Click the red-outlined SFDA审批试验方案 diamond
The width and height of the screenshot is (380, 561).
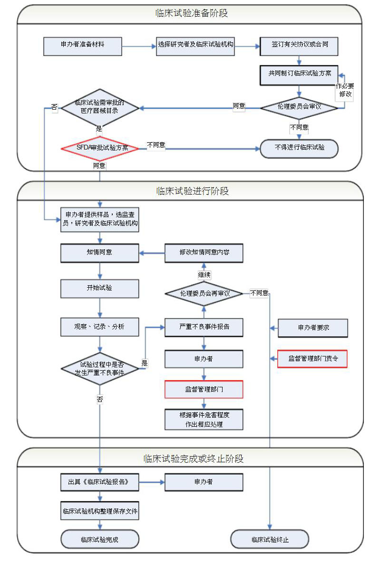(x=100, y=148)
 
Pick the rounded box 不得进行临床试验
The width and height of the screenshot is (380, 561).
(x=299, y=148)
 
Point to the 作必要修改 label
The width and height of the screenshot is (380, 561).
(x=345, y=90)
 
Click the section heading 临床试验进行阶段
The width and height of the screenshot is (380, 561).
(x=192, y=191)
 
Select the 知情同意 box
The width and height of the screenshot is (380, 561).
(x=100, y=252)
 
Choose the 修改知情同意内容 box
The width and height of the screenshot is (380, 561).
(x=204, y=252)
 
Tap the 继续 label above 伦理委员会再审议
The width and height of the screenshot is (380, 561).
(x=204, y=275)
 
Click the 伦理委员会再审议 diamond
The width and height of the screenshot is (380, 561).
(x=205, y=293)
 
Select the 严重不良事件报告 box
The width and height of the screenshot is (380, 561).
(x=204, y=327)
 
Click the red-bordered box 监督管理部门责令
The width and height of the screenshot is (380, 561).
(x=312, y=359)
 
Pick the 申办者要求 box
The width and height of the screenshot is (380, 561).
(x=313, y=327)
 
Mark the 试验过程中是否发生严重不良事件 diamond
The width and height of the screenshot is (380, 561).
(x=100, y=368)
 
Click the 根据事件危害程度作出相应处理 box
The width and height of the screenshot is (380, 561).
(x=204, y=420)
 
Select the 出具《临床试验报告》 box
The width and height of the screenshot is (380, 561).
(x=100, y=482)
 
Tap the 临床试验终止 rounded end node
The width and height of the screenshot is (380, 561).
(x=270, y=540)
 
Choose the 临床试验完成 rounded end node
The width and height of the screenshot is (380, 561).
(x=100, y=540)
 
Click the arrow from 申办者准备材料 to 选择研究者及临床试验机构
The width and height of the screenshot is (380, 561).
(x=139, y=47)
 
